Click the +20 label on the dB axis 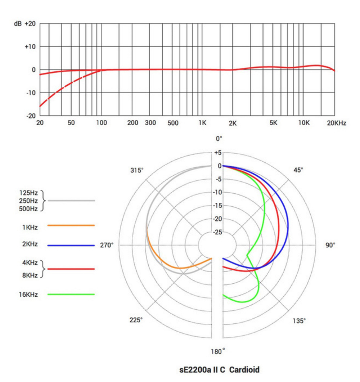(x=30, y=23)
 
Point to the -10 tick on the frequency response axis (x=30, y=93)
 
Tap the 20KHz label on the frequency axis (x=337, y=123)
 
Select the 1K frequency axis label (x=202, y=123)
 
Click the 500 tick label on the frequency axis (x=173, y=123)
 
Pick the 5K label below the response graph (x=273, y=123)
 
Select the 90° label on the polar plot (x=330, y=245)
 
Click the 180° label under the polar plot (x=218, y=352)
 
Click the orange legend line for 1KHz (x=71, y=225)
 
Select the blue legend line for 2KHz (x=71, y=246)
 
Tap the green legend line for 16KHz (x=71, y=295)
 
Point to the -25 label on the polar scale (x=217, y=232)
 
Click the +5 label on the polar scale (x=217, y=153)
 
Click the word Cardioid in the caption (x=244, y=370)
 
